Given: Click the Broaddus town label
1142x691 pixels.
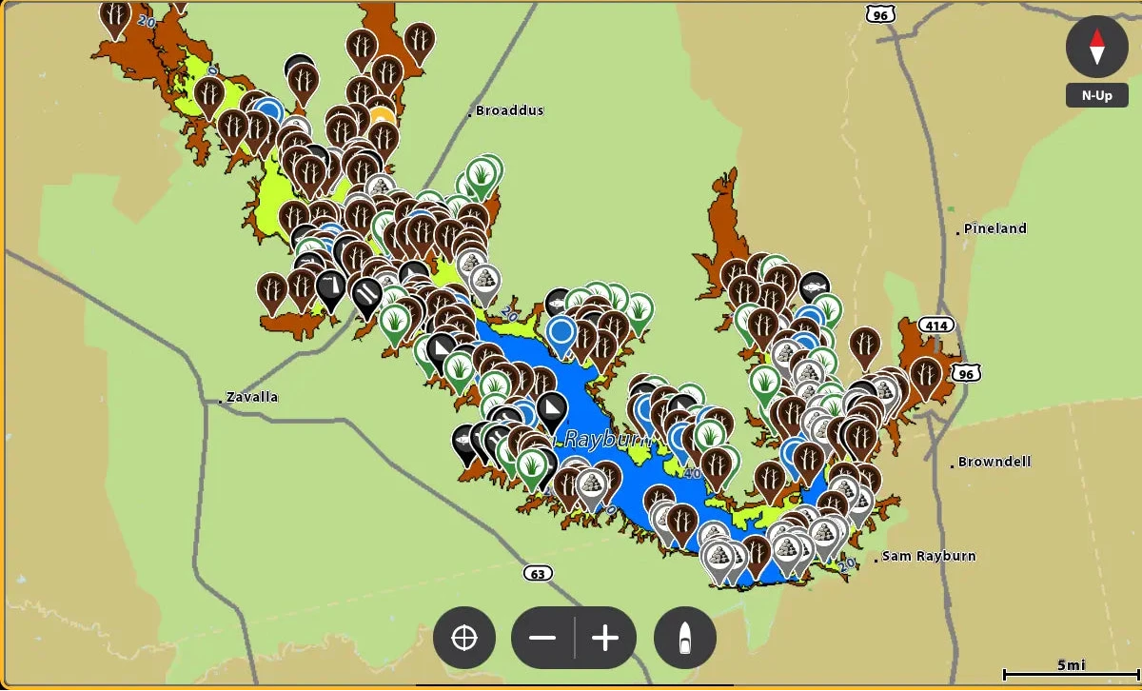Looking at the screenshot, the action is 510,110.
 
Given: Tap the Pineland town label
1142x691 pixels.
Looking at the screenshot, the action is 994,228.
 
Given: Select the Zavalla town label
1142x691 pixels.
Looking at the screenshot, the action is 251,396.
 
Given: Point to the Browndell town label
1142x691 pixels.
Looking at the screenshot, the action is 994,463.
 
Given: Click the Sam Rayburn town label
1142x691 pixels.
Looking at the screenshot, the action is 928,556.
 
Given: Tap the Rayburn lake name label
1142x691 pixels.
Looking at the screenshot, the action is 608,440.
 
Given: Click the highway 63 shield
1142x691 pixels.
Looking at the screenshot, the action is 537,573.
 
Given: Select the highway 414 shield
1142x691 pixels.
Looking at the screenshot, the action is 937,326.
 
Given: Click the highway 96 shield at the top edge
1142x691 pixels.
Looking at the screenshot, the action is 880,13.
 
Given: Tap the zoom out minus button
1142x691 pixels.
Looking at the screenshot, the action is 542,638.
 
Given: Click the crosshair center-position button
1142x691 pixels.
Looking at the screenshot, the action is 464,638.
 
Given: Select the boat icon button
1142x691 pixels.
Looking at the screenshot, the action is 685,638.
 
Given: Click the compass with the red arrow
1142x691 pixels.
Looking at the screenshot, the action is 1096,47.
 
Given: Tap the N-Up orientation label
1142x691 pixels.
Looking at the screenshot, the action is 1096,96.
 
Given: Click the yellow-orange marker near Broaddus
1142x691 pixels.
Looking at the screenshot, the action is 382,118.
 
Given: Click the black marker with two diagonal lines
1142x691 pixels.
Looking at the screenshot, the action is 366,291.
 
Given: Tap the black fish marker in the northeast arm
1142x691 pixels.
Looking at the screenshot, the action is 814,285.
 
